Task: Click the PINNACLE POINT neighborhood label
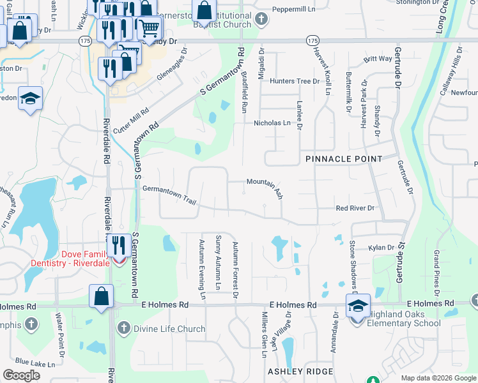(343, 158)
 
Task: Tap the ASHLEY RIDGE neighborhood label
(300, 372)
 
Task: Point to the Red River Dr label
(355, 208)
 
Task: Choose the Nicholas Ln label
(272, 123)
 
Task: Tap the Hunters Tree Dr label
(294, 81)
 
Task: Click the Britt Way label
(378, 59)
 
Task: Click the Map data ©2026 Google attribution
(438, 378)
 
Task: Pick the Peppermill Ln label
(294, 10)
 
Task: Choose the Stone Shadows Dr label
(353, 262)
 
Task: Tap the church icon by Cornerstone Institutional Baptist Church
(261, 19)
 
